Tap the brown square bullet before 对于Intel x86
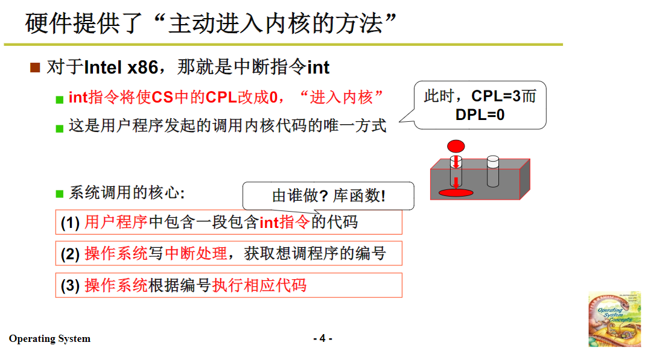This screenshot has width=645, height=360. click(35, 67)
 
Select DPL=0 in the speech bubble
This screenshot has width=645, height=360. click(480, 115)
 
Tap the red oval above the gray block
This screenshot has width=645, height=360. click(456, 146)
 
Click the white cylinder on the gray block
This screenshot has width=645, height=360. click(493, 172)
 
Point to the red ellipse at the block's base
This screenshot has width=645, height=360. click(456, 192)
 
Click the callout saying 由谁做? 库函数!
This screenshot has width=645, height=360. click(328, 196)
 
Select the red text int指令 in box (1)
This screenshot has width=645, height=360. click(285, 223)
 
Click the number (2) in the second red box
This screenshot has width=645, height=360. click(70, 254)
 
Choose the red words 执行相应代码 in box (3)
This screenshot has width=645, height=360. click(259, 285)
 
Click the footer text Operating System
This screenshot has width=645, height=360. click(49, 339)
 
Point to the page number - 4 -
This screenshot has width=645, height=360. click(323, 338)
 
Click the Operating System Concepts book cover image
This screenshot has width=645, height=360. click(614, 320)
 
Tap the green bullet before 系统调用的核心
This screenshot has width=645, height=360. click(59, 194)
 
